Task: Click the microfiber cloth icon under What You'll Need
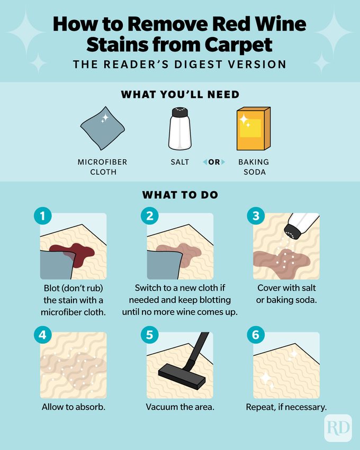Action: pos(103,129)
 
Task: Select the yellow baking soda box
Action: pos(253,129)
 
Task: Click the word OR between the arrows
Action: pos(214,162)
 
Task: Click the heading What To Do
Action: pos(180,195)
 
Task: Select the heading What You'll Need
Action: pos(180,95)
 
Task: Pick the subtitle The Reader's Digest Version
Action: pos(180,64)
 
